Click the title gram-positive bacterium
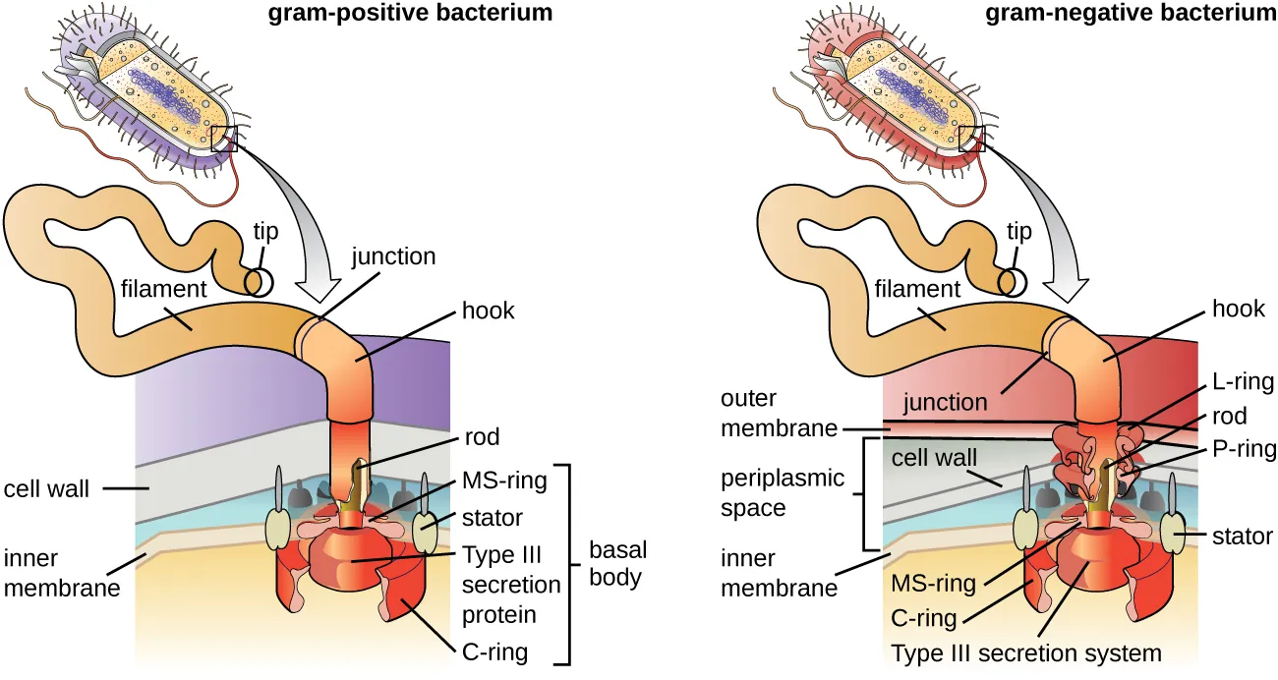[x=410, y=13]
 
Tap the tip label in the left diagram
[x=264, y=233]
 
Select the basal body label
[x=617, y=564]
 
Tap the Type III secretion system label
[x=1025, y=652]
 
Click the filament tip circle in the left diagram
[x=259, y=282]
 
